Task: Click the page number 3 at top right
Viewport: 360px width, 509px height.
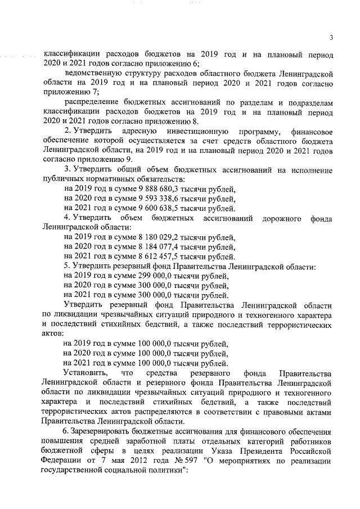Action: pyautogui.click(x=332, y=38)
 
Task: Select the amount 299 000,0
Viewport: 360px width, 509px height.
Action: pyautogui.click(x=136, y=276)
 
